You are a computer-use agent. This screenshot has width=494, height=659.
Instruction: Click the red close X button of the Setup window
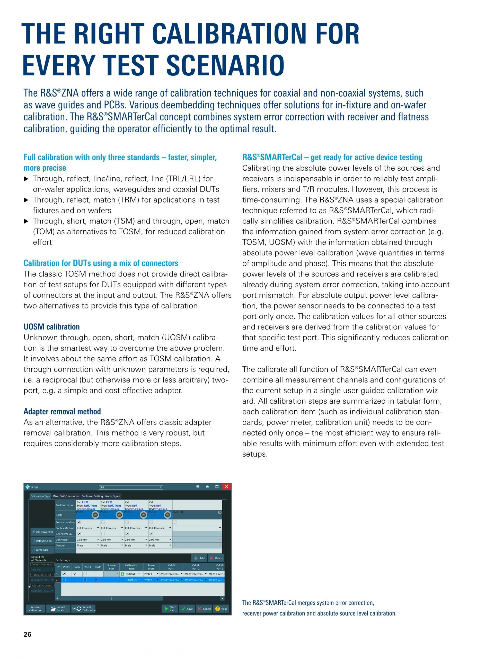click(x=226, y=487)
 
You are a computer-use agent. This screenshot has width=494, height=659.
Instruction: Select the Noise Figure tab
click(x=112, y=496)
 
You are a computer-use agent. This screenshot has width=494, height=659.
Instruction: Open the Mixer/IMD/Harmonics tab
click(x=66, y=496)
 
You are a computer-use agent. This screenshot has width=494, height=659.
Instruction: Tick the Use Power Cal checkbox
click(x=33, y=532)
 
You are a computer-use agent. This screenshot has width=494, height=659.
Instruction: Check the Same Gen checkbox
click(x=33, y=550)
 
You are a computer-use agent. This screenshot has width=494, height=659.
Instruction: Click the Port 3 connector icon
click(x=144, y=515)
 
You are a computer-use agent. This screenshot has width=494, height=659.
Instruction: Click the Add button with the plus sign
click(x=199, y=558)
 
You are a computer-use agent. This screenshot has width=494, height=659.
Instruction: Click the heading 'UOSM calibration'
click(x=51, y=327)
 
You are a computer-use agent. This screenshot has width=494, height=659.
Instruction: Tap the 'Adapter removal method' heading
click(x=62, y=411)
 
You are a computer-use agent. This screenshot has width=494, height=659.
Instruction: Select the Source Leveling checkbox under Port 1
click(x=79, y=522)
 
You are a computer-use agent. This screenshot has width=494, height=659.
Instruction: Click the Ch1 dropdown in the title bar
click(x=131, y=487)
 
